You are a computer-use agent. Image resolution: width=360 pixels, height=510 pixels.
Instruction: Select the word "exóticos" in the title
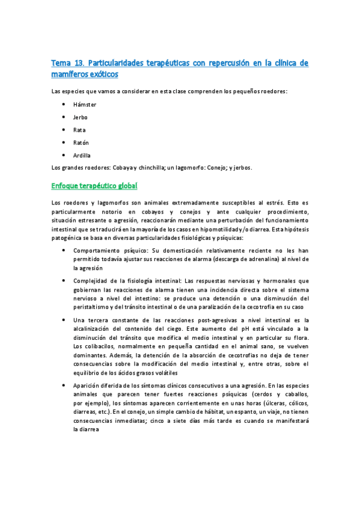(102, 74)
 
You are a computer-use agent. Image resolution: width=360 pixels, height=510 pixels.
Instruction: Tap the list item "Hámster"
(85, 105)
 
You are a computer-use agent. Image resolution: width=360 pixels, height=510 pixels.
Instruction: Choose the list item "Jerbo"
(81, 117)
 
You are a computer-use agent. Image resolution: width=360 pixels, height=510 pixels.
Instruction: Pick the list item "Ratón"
(81, 143)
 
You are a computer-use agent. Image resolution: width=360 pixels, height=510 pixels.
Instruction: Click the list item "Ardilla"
(82, 155)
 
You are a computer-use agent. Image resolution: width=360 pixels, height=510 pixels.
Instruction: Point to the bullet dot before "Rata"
(64, 130)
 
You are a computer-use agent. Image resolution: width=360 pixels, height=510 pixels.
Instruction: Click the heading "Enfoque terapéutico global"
(95, 186)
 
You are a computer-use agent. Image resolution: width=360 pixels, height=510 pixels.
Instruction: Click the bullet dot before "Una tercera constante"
(64, 321)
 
